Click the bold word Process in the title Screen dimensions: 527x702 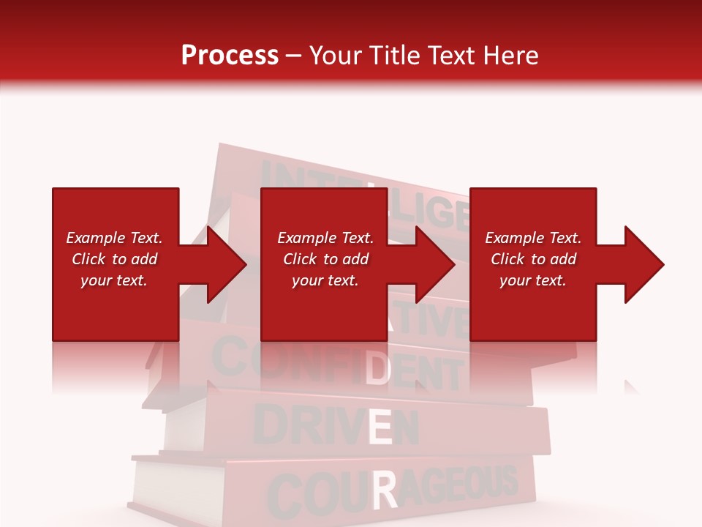230,56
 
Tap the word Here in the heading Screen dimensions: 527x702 511,56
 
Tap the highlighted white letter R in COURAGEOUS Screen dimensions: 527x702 385,490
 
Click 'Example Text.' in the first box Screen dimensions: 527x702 114,238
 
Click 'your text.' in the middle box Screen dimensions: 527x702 325,280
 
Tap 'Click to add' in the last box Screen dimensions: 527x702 533,259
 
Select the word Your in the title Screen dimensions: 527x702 335,56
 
